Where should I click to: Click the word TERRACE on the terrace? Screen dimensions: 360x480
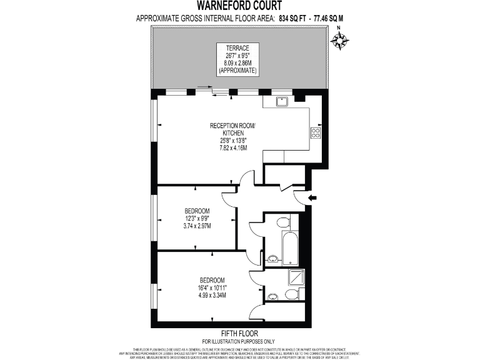tap(237, 48)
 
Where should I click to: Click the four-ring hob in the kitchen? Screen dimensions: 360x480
tap(315, 132)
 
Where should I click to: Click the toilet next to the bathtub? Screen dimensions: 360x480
tap(282, 222)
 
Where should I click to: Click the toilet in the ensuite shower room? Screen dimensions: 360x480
tap(292, 294)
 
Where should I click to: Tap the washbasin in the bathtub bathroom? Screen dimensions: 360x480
tap(272, 259)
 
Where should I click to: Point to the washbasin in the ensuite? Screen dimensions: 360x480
tap(272, 296)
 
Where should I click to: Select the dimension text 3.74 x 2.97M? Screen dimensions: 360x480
tap(197, 226)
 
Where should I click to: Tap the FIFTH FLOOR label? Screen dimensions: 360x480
tap(239, 333)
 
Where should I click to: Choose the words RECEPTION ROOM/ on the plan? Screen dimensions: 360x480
tap(232, 125)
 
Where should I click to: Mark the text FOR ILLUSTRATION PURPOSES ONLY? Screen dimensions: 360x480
tap(239, 341)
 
